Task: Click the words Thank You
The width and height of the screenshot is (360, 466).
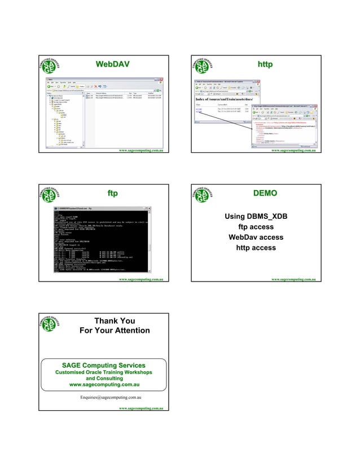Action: pyautogui.click(x=115, y=322)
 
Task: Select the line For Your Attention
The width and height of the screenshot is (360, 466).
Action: pyautogui.click(x=115, y=331)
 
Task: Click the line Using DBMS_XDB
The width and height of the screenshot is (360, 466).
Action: pyautogui.click(x=251, y=217)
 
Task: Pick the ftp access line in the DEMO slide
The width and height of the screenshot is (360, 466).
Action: pyautogui.click(x=251, y=227)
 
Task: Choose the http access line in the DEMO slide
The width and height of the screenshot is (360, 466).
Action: pyautogui.click(x=251, y=248)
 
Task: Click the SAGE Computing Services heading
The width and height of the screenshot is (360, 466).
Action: pyautogui.click(x=103, y=366)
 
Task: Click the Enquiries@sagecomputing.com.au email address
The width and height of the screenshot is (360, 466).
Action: pyautogui.click(x=110, y=398)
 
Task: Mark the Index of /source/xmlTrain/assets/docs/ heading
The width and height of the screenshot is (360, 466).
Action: pyautogui.click(x=225, y=100)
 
